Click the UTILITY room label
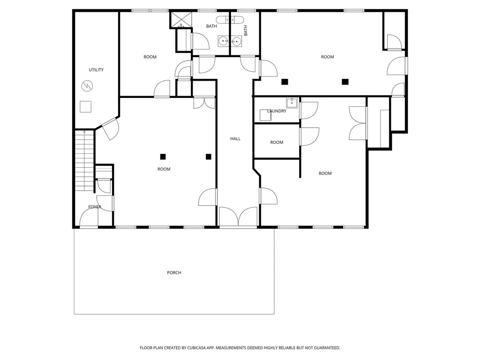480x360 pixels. (96, 70)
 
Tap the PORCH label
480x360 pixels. (174, 272)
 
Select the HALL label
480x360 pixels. (235, 139)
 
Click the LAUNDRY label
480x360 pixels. (277, 111)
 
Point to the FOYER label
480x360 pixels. (95, 207)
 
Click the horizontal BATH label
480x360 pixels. (211, 26)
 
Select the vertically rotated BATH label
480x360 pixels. (246, 30)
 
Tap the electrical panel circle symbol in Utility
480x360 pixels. (87, 86)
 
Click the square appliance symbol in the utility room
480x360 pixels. (85, 106)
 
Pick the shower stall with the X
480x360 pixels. (181, 20)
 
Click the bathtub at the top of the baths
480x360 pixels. (230, 20)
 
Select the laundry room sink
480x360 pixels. (292, 103)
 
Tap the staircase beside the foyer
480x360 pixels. (84, 161)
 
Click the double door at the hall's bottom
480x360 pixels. (238, 217)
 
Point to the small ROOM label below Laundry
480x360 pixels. (277, 142)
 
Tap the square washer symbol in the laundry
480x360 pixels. (265, 115)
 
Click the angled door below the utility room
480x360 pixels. (110, 129)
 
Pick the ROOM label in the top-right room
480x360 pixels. (327, 57)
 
